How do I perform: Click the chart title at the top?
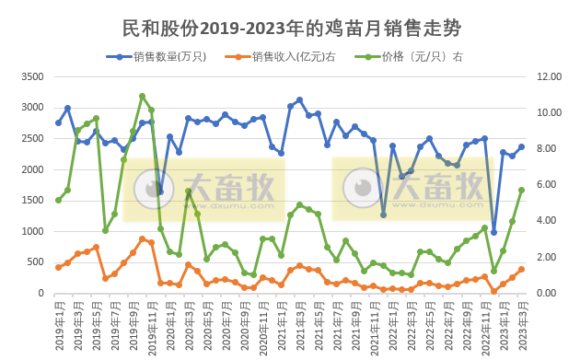tap(291, 28)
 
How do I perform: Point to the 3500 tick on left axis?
tap(31, 76)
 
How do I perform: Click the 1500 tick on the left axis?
tap(31, 201)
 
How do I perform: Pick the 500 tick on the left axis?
tap(35, 262)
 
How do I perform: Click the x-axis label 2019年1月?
tap(58, 322)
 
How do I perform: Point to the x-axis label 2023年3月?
tap(521, 322)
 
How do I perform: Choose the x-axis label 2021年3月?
tap(299, 322)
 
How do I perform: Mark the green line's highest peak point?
tap(142, 96)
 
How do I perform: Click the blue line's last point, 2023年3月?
tap(521, 146)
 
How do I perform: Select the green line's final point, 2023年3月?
tap(521, 190)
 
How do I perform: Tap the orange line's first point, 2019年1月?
tap(58, 268)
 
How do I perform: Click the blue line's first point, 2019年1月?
tap(58, 122)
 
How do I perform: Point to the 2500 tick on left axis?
tap(31, 139)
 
